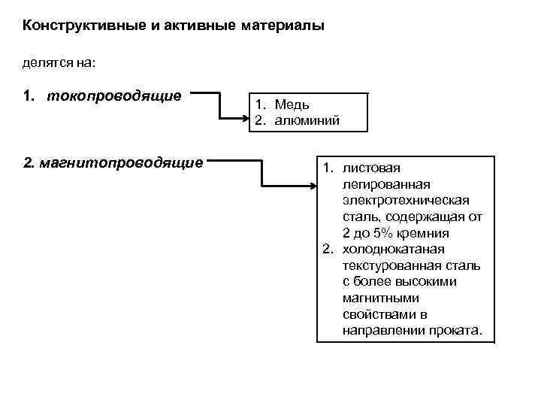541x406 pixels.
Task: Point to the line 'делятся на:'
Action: (59, 63)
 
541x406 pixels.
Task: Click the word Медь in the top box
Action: (292, 105)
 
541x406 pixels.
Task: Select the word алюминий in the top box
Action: (307, 120)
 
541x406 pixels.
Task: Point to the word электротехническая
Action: (406, 200)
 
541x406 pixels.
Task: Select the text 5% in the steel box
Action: (388, 233)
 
